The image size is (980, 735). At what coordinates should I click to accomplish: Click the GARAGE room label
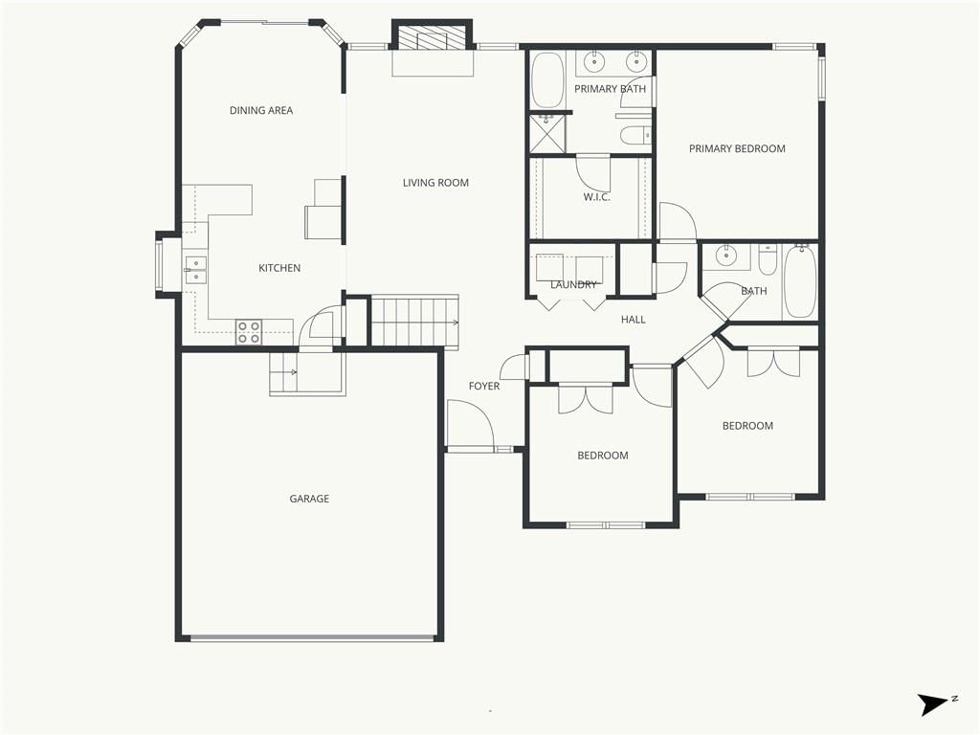309,499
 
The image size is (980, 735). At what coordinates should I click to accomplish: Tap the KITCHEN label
279,268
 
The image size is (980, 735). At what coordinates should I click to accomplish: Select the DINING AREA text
261,111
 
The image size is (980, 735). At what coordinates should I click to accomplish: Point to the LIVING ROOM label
435,183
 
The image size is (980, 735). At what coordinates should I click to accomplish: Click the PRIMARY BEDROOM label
737,148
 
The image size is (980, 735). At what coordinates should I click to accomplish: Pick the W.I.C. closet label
597,197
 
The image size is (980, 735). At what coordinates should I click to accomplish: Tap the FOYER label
484,387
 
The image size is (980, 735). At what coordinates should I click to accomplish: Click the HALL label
634,320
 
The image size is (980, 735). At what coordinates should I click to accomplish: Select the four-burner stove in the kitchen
249,332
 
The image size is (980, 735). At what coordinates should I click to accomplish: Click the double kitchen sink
195,270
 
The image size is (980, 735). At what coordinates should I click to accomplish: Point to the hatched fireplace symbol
432,37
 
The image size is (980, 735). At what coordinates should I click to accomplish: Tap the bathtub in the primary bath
547,80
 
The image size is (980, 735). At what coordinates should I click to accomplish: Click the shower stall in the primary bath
547,133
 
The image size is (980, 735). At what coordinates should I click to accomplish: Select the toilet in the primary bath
636,134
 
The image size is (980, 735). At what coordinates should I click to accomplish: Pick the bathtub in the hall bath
801,281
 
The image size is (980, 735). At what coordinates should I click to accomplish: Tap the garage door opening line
312,638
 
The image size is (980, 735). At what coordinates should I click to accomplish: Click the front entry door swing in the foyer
471,425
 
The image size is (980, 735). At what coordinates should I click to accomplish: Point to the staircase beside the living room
415,322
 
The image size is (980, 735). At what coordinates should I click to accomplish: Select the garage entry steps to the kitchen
283,373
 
